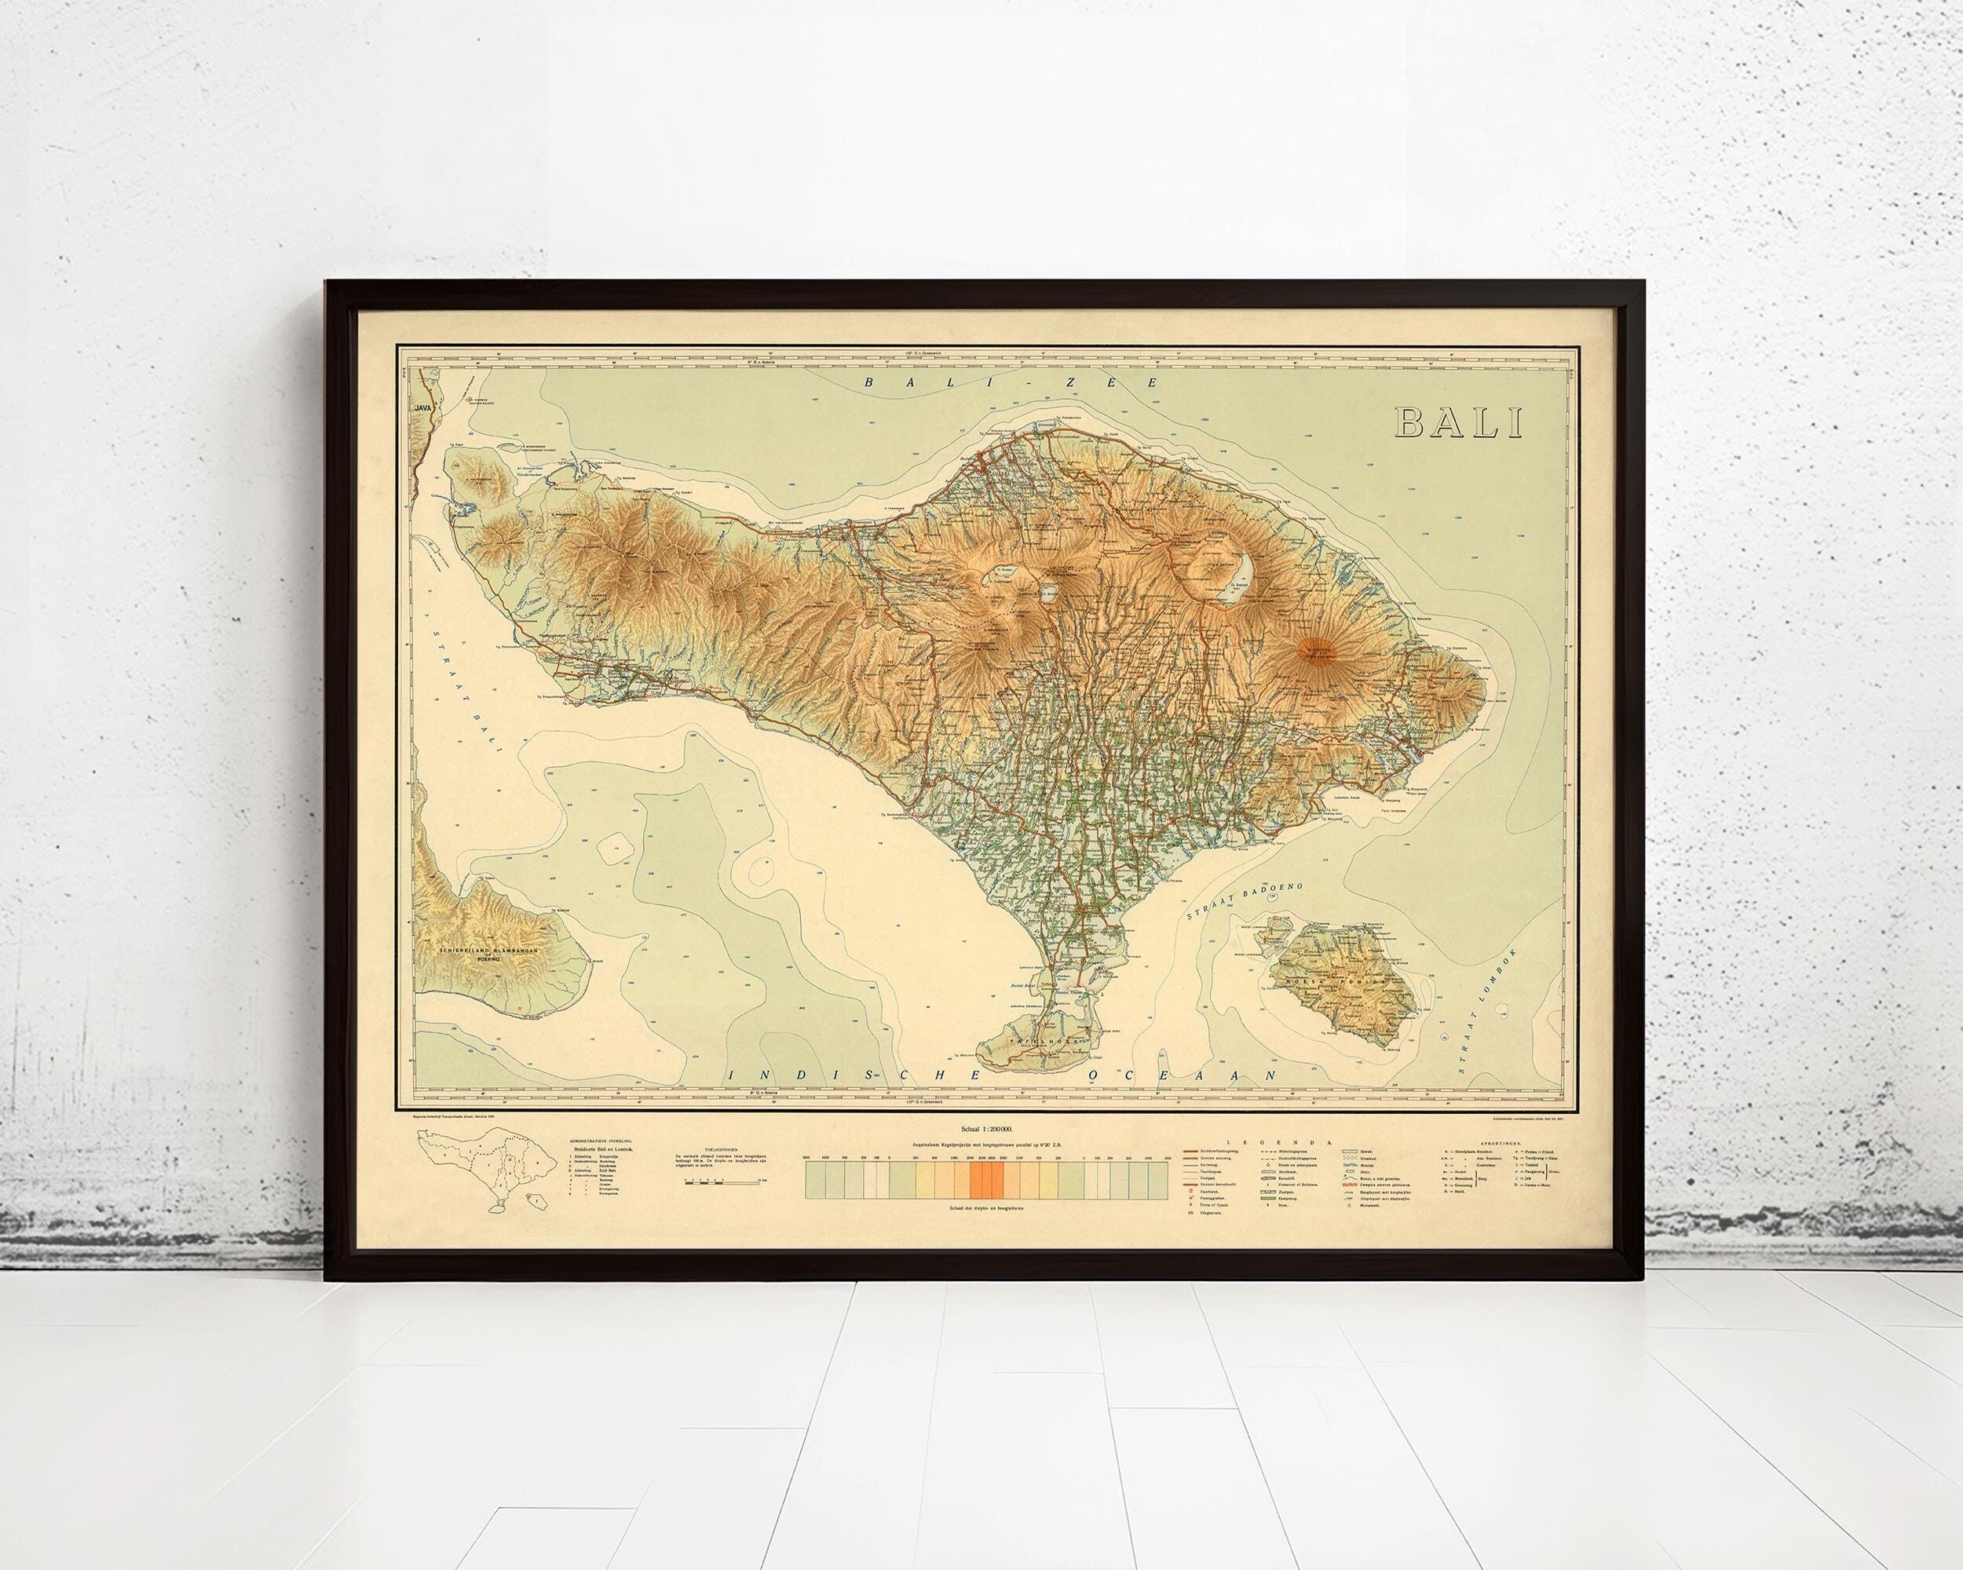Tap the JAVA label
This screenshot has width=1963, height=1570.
click(422, 407)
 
